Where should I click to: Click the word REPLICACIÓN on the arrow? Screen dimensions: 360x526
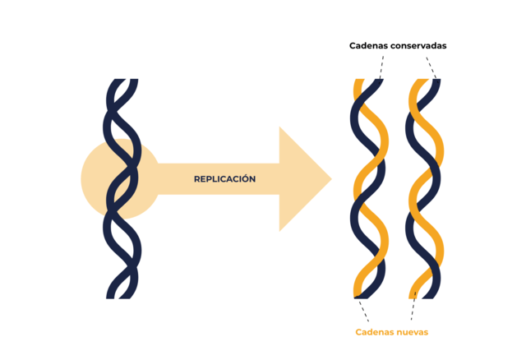224,179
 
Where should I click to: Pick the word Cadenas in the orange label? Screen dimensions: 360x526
373,332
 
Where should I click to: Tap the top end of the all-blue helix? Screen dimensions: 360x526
122,82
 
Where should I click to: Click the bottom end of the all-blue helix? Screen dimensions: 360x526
122,293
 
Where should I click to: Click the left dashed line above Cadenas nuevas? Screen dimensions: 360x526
362,310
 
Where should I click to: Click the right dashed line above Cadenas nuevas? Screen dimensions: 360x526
413,310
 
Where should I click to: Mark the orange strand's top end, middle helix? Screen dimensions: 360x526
358,83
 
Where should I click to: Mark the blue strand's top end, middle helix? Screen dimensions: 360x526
381,83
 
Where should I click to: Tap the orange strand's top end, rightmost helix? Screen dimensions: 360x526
415,83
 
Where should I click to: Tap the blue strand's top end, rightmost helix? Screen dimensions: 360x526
436,83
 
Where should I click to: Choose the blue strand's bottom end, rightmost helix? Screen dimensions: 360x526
436,293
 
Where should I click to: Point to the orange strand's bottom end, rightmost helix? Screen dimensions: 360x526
415,293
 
